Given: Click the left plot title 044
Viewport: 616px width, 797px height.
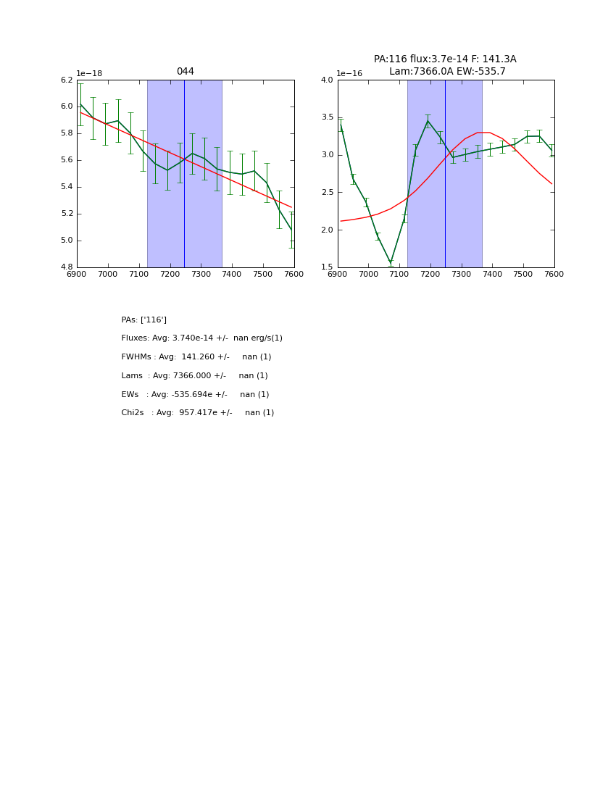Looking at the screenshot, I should [185, 72].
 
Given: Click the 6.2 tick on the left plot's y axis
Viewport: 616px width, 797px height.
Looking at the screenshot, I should [67, 80].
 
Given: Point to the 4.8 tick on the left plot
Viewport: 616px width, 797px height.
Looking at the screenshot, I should [67, 267].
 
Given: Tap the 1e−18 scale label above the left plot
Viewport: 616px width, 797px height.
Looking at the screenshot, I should [89, 73].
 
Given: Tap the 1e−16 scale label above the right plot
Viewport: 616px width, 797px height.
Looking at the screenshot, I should [349, 73].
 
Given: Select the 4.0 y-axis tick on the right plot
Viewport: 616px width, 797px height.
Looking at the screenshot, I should [326, 80].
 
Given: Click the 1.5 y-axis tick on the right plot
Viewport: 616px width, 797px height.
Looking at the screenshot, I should [326, 267].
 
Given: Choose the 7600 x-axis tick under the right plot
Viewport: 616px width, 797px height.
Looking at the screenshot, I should [554, 274].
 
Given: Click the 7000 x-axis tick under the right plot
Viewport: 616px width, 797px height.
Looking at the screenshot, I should [368, 274].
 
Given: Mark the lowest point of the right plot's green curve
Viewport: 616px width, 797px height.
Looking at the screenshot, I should [391, 263].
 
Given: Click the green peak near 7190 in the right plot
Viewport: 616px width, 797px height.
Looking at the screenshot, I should [428, 121].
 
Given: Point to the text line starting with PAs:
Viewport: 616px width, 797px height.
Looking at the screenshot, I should [143, 320].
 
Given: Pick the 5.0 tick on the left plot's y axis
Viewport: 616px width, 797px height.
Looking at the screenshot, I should [67, 241].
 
